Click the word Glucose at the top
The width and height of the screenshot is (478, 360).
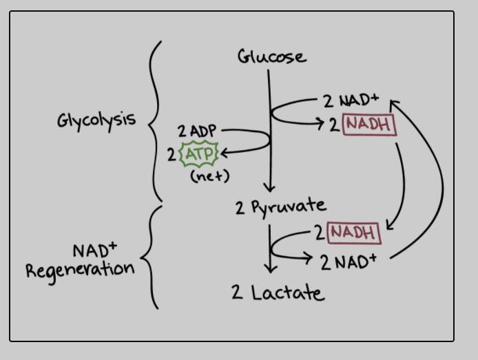[x=271, y=56]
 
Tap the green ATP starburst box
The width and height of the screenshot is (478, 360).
[x=199, y=153]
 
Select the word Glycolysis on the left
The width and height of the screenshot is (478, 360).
[x=96, y=120]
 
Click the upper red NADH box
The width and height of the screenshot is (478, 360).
[x=370, y=125]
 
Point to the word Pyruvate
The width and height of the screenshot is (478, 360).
[x=288, y=206]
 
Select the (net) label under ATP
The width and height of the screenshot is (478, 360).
[x=209, y=176]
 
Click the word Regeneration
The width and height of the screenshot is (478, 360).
[x=80, y=268]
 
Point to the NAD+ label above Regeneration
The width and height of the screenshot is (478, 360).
[x=94, y=248]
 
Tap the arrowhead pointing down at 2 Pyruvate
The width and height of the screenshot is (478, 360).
[x=269, y=187]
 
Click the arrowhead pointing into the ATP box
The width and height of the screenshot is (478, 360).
[x=224, y=152]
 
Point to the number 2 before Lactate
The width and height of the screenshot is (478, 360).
[x=237, y=293]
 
